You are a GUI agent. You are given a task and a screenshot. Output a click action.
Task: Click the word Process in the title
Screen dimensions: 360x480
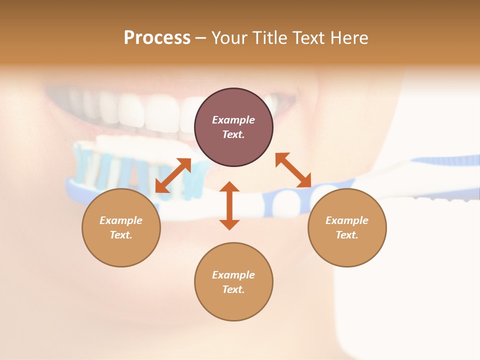(x=157, y=38)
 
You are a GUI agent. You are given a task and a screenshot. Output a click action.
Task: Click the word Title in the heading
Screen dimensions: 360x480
(x=269, y=38)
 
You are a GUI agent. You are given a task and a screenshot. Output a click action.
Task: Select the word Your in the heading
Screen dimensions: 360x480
(x=230, y=38)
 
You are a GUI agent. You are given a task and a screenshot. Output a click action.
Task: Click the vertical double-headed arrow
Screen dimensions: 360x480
(x=229, y=205)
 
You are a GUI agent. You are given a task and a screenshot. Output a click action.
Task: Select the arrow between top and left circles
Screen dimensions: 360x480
(x=173, y=175)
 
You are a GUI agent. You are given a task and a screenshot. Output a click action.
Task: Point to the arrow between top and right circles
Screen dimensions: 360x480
(x=293, y=170)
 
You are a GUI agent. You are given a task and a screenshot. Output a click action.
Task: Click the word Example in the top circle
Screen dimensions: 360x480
(x=233, y=120)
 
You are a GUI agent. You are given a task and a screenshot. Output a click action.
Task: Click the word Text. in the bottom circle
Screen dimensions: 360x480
(x=233, y=289)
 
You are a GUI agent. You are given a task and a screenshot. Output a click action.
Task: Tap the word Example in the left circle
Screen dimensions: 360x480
(x=121, y=220)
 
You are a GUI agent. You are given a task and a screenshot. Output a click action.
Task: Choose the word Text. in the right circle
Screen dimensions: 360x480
(x=347, y=235)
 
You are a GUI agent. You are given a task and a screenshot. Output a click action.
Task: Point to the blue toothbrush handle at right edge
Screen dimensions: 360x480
(x=450, y=161)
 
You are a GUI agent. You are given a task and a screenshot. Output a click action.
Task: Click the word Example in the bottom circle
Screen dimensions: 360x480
(x=233, y=275)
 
